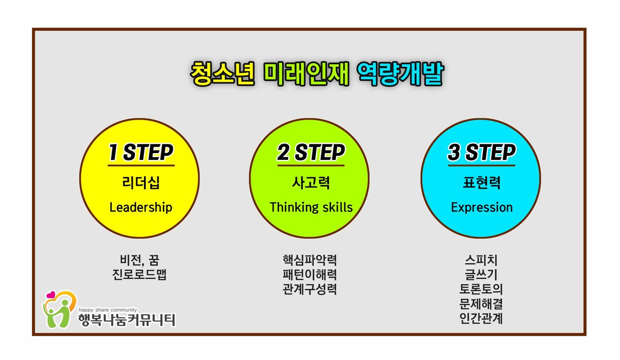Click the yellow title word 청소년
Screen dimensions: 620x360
point(222,74)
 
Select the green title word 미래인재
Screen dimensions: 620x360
point(306,74)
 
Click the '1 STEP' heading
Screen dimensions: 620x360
point(140,153)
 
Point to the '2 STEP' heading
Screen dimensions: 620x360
point(310,153)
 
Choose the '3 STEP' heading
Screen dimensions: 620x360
point(481,153)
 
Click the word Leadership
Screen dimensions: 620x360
point(140,207)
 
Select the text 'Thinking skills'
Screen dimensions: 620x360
point(311,207)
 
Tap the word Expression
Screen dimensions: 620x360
point(481,207)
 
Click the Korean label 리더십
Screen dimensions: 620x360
point(140,183)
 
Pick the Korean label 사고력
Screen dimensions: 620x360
point(310,183)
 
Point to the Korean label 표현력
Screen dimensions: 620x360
point(481,183)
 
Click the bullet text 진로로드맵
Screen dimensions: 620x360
point(139,275)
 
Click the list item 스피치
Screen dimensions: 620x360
point(481,260)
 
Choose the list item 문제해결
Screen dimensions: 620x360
point(481,304)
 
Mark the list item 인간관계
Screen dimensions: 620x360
point(481,319)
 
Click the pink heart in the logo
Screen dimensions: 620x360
point(50,295)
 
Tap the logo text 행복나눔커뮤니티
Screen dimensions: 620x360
point(126,320)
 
